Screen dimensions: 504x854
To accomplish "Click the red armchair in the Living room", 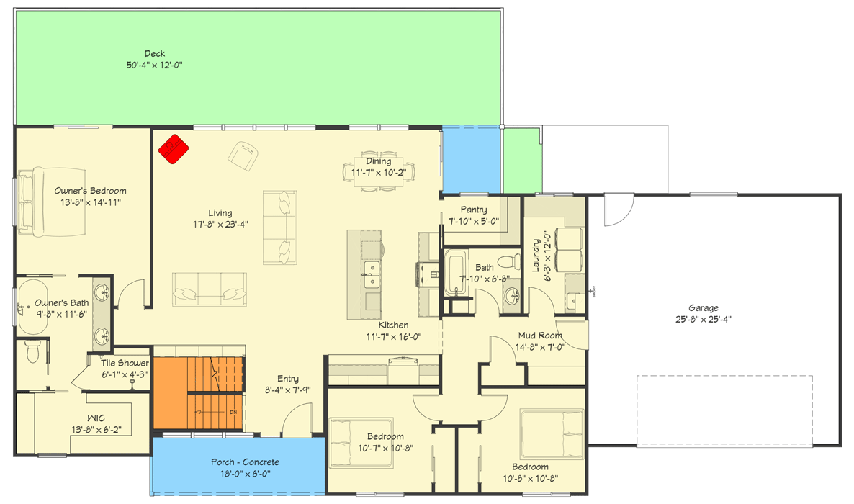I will (x=173, y=149).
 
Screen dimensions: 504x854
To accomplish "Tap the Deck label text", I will (x=155, y=54).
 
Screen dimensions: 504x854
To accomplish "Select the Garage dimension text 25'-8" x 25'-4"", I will (x=703, y=319).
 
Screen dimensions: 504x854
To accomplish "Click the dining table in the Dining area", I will (x=373, y=171).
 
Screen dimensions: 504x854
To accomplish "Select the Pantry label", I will (x=474, y=210).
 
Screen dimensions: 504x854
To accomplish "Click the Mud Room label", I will (x=540, y=336).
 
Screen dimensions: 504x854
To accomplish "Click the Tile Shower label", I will (x=125, y=364).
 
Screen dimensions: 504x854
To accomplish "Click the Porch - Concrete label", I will (x=245, y=462).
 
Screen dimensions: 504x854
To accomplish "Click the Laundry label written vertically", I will (x=536, y=256).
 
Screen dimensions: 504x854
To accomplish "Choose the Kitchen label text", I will (x=394, y=325).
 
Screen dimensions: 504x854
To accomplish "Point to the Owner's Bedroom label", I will (x=91, y=191).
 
